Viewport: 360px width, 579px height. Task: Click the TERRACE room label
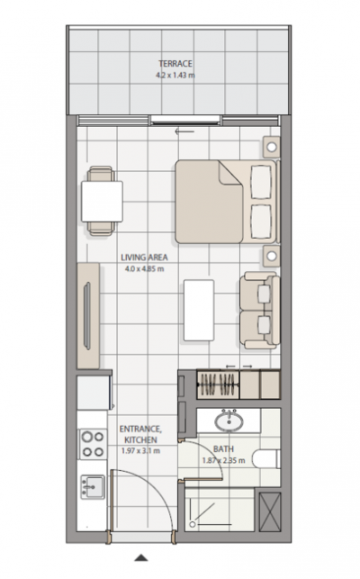[x=175, y=64]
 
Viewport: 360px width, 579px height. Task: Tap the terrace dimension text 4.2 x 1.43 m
[x=175, y=76]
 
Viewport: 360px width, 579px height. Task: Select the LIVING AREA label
[x=144, y=258]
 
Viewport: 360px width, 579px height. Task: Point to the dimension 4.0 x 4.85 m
[x=144, y=269]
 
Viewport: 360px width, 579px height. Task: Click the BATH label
[x=223, y=449]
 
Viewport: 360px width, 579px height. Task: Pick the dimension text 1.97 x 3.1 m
[x=140, y=451]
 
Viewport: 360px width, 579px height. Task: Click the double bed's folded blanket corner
[x=229, y=174]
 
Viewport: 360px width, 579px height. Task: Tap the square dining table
[x=102, y=201]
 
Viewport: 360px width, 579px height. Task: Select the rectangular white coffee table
[x=199, y=310]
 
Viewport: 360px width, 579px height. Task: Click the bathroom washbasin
[x=229, y=421]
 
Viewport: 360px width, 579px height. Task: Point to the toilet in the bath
[x=266, y=459]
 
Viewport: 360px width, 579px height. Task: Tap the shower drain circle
[x=192, y=524]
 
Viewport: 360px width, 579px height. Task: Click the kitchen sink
[x=93, y=487]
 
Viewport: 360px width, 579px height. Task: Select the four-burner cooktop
[x=93, y=444]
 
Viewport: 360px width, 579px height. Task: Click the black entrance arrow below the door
[x=140, y=557]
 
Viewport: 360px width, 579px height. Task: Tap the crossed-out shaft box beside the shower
[x=269, y=511]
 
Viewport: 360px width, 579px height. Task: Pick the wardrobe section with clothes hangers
[x=218, y=384]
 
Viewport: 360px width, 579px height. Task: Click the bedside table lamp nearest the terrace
[x=272, y=147]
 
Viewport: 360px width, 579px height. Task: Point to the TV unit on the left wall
[x=88, y=315]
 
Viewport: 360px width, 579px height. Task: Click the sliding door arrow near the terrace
[x=184, y=131]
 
